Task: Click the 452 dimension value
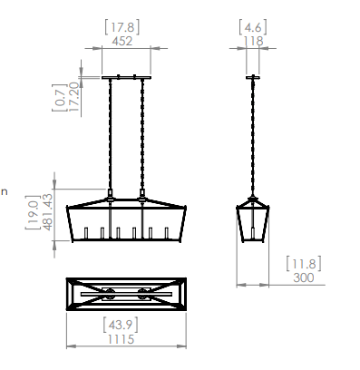122,41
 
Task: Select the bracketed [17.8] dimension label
122,27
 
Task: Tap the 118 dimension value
253,41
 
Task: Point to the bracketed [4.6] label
253,27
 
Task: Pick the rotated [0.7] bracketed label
60,97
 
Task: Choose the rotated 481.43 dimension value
47,212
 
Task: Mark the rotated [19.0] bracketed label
33,212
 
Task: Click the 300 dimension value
304,277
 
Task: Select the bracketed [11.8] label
304,264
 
